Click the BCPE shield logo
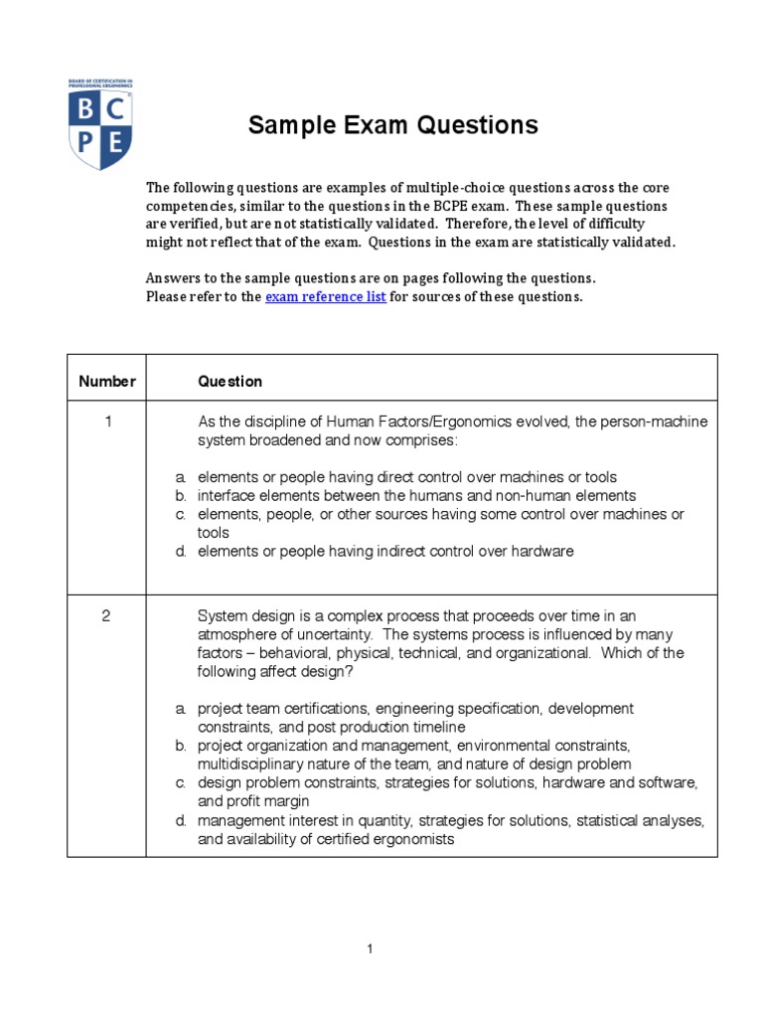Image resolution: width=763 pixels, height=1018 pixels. click(x=100, y=124)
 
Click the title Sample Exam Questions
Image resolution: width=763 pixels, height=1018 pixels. click(x=392, y=125)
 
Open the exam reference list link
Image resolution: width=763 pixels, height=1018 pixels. click(x=325, y=296)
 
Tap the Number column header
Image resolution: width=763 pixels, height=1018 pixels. click(x=107, y=381)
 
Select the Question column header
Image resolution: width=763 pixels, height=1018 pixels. click(x=230, y=381)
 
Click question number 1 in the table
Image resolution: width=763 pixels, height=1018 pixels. click(x=107, y=422)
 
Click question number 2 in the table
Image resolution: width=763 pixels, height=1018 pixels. click(x=107, y=616)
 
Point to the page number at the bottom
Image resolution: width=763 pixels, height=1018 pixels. click(x=370, y=949)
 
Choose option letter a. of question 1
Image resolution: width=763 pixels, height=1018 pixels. click(x=182, y=477)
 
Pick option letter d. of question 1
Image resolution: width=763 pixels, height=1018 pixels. click(x=182, y=552)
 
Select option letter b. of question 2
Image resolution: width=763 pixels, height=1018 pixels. click(x=182, y=746)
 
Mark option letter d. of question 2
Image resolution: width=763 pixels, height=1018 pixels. click(x=182, y=820)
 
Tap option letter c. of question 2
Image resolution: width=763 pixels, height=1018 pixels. click(x=182, y=783)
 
